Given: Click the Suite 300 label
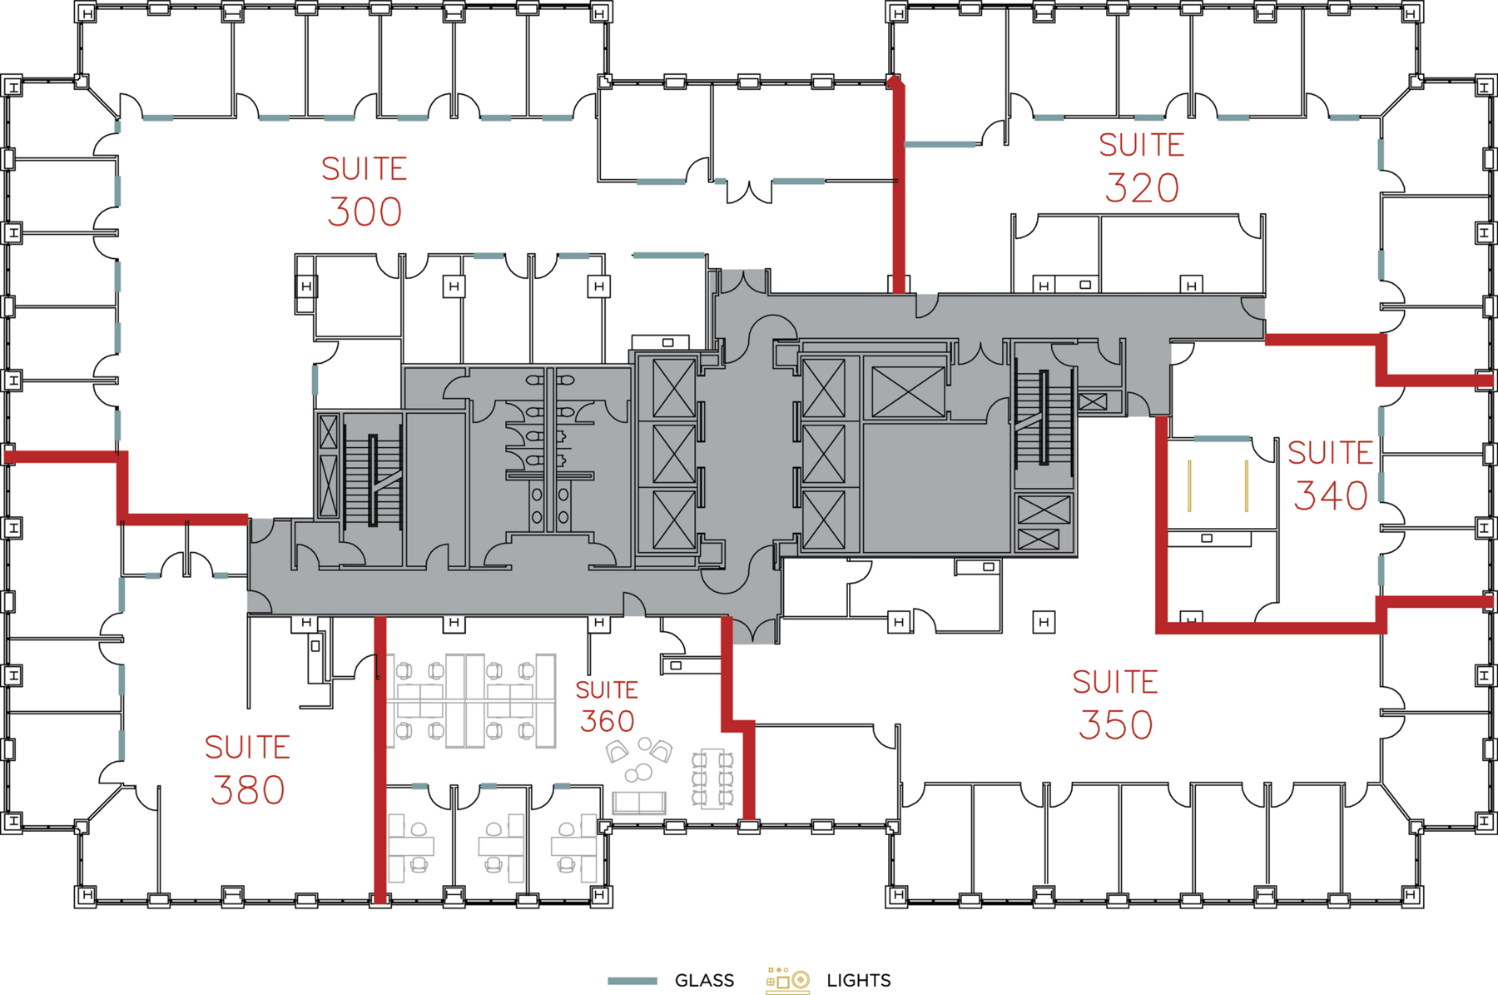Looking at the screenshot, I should click(365, 191).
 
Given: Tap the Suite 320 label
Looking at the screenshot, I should click(1141, 167).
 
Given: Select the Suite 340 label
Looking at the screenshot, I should click(1330, 475).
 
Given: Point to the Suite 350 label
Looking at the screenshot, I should click(1115, 704).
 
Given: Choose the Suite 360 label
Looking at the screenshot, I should click(607, 706).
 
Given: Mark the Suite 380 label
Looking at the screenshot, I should click(247, 769).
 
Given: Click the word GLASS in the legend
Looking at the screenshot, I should click(704, 980).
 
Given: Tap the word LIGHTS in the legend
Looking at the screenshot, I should click(858, 980).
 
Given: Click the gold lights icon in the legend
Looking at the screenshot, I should click(787, 980).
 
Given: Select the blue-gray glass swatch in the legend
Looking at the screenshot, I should click(632, 980).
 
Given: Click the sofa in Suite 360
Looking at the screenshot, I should click(638, 803).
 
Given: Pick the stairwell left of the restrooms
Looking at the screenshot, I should click(373, 480).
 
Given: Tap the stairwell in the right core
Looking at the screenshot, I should click(1043, 416).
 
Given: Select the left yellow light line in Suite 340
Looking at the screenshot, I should click(1189, 485).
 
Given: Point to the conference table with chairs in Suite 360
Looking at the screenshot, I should click(712, 779).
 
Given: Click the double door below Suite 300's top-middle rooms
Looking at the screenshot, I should click(748, 192).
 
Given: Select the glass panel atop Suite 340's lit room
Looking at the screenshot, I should click(1221, 438).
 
